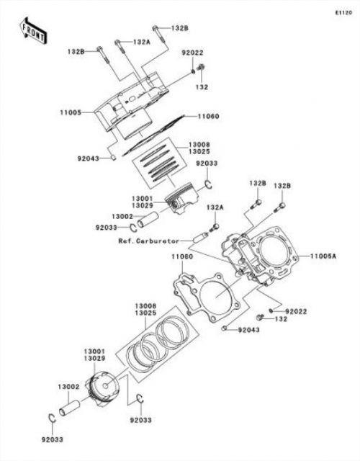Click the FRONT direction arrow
click(32, 31)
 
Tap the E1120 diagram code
click(343, 13)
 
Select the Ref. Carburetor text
click(149, 241)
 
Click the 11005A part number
click(323, 256)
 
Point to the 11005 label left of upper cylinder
click(71, 112)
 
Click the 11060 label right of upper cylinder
click(208, 117)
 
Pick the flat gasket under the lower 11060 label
click(207, 297)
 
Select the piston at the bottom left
click(102, 389)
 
